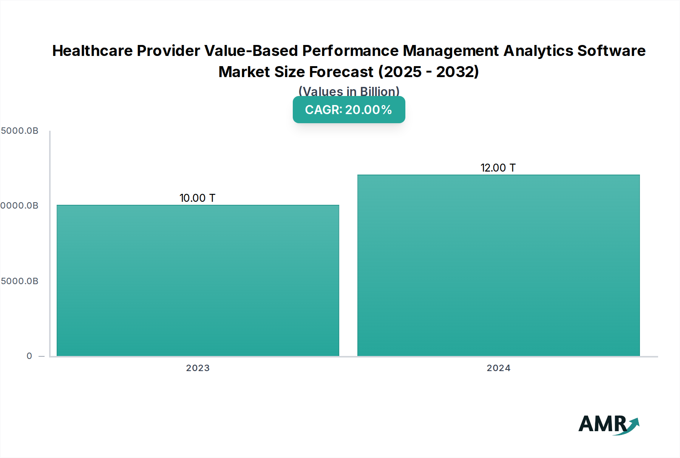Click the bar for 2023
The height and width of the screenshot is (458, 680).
(x=198, y=280)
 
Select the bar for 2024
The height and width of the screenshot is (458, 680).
(x=498, y=265)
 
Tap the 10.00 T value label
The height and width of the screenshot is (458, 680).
(x=197, y=198)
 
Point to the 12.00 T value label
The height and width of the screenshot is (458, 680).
(x=498, y=168)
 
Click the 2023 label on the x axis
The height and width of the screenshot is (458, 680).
(x=198, y=368)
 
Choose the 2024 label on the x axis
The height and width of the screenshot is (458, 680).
(x=498, y=368)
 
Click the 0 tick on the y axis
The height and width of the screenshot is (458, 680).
(x=29, y=356)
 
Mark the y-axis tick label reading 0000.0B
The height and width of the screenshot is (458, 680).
(x=19, y=206)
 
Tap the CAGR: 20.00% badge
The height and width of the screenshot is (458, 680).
(x=349, y=110)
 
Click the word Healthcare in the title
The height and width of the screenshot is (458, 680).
(x=92, y=51)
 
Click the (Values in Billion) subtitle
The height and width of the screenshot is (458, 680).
(x=349, y=91)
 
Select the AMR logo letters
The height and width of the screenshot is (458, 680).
(x=603, y=424)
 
